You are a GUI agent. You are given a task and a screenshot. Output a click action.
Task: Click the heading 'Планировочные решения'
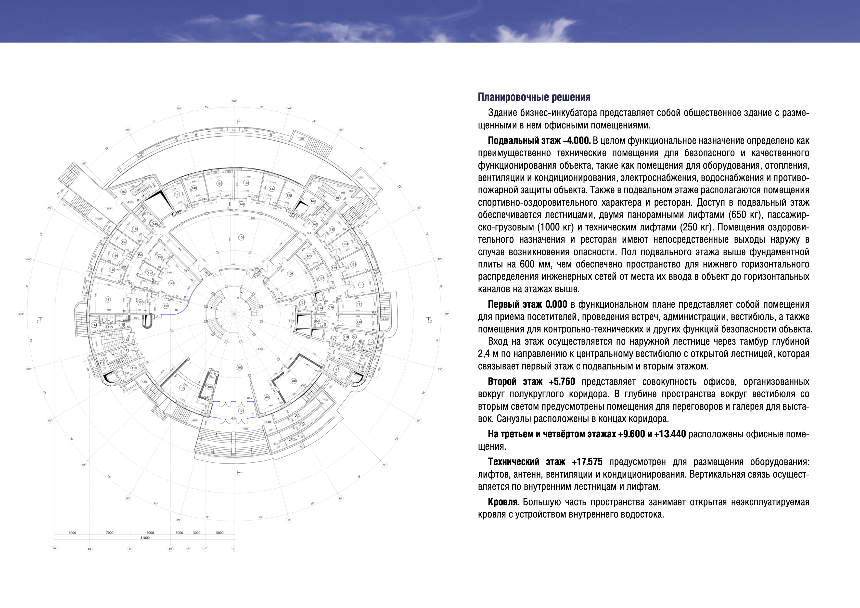coord(534,97)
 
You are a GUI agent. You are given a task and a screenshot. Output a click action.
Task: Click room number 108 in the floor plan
coord(241,237)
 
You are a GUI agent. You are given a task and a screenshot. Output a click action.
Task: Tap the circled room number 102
coord(240,368)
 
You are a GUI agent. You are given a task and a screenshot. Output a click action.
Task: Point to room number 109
coord(290,274)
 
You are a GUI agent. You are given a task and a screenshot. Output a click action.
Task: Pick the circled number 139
coord(219,183)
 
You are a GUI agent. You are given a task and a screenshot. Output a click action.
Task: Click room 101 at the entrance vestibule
coord(241,411)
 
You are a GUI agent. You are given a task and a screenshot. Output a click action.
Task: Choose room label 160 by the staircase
coord(124,192)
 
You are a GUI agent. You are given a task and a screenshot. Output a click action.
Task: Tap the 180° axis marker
coord(234,101)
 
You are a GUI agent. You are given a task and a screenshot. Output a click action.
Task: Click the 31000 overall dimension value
coord(145,538)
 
